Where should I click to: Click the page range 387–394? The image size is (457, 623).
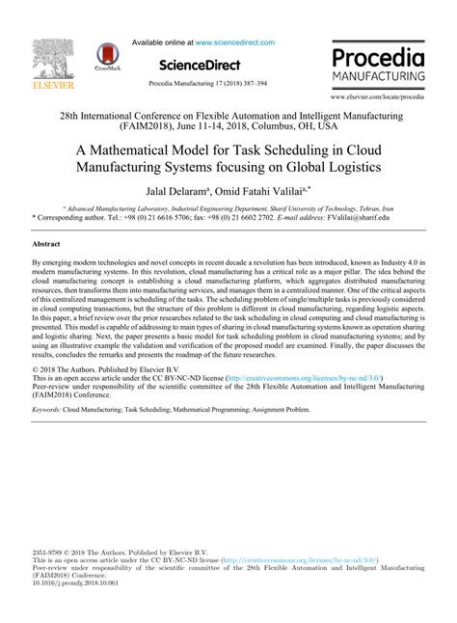pos(251,84)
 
